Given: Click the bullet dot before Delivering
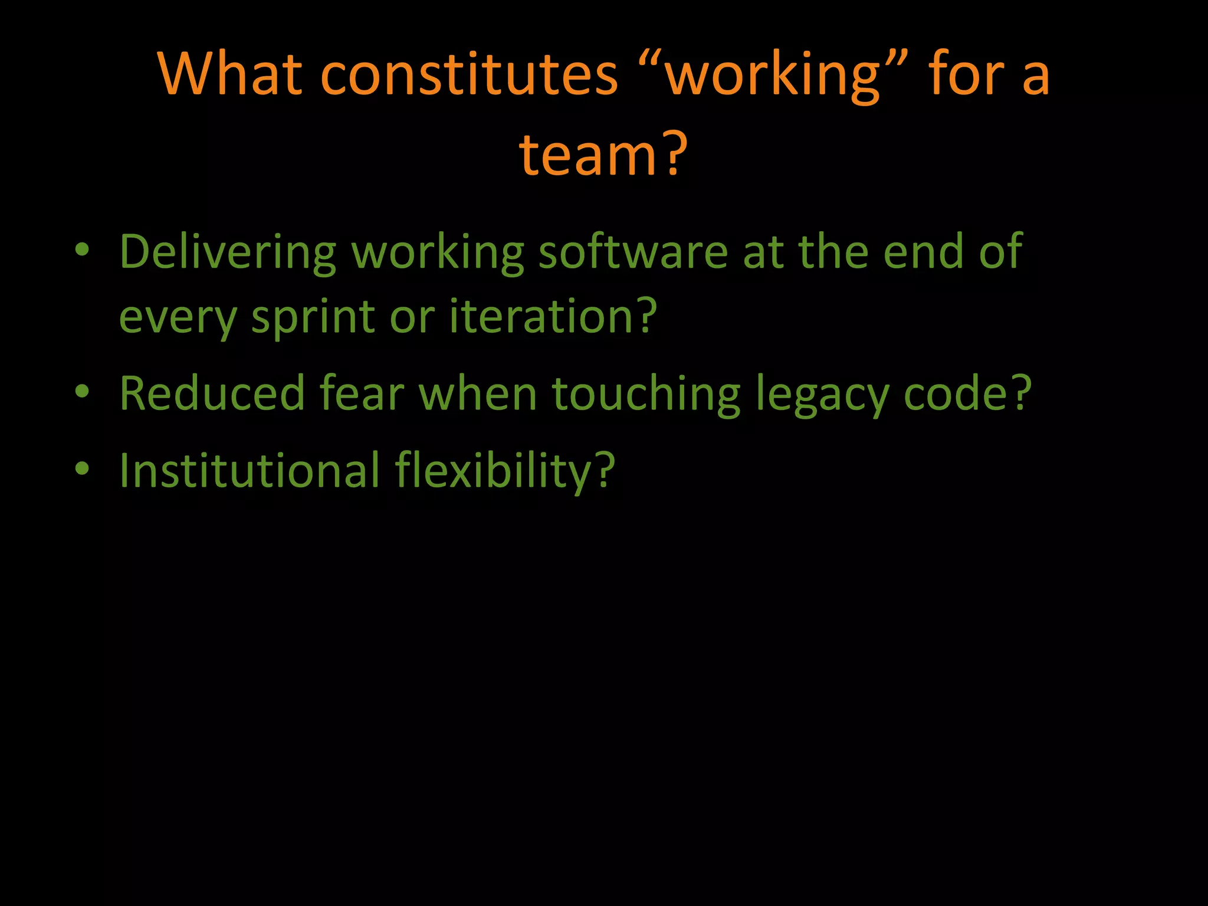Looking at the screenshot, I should (x=82, y=250).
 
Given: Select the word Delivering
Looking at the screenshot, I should (x=228, y=252).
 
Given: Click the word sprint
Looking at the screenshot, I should (x=313, y=317).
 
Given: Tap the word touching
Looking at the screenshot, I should (x=645, y=394).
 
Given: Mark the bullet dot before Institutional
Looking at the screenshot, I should (x=82, y=468).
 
